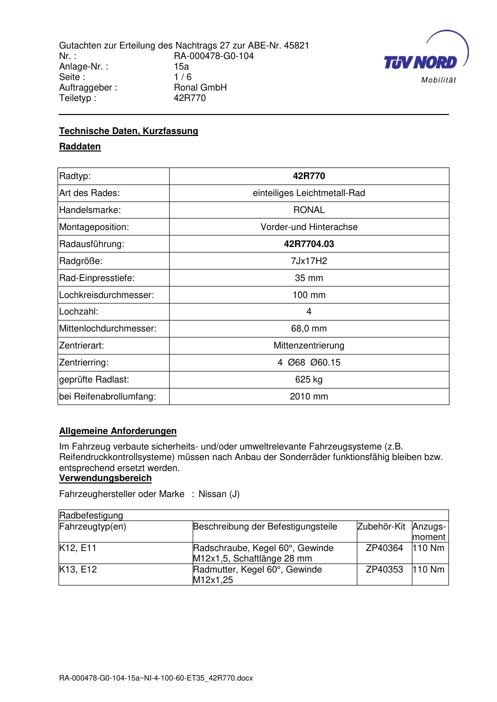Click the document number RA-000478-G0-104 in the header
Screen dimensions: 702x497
214,56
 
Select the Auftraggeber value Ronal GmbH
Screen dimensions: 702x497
200,87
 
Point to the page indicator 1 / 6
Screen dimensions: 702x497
182,77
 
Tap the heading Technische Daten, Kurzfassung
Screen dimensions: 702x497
129,131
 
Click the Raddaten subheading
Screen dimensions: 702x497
80,146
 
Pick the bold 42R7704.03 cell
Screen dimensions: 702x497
309,244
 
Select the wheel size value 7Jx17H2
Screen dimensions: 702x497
309,261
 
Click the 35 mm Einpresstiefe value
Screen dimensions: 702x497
309,278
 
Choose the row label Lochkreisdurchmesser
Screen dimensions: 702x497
107,295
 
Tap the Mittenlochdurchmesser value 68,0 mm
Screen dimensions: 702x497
309,328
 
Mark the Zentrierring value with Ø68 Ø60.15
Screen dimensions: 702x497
309,362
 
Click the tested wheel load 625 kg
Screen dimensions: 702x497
309,379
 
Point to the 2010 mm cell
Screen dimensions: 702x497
309,396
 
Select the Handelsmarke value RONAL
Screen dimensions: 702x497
309,210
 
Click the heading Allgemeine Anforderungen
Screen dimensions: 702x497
118,431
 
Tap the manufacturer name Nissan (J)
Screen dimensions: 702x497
219,494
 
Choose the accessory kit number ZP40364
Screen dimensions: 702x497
384,548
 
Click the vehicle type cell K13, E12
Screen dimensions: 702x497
78,569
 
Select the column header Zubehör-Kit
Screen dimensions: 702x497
381,526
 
